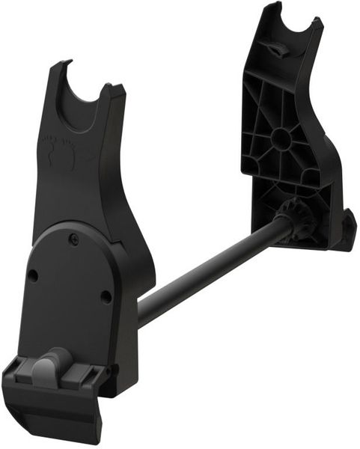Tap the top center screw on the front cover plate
point(73,239)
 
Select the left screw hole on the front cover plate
point(33,275)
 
